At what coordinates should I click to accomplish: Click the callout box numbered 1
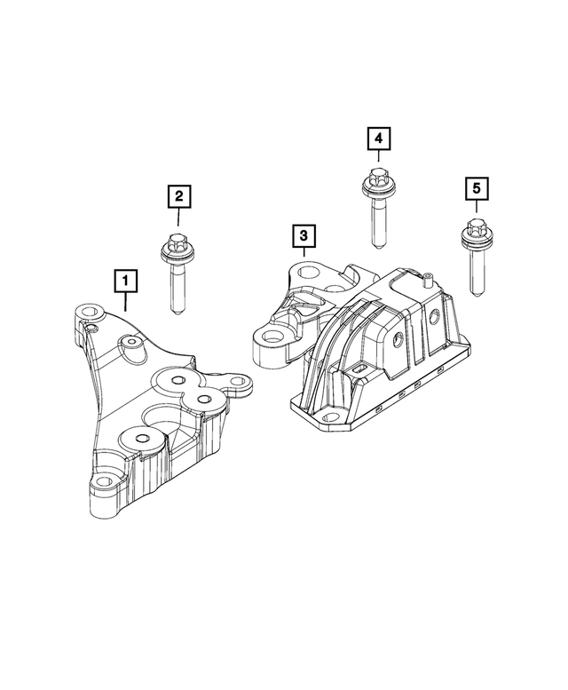[126, 281]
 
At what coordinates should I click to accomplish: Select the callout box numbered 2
[178, 196]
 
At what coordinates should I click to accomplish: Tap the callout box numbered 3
[304, 236]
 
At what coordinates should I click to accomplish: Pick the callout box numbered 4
[379, 139]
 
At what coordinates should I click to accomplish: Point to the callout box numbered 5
[477, 189]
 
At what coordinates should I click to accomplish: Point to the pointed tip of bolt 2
[177, 313]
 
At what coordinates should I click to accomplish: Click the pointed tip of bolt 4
[378, 247]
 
